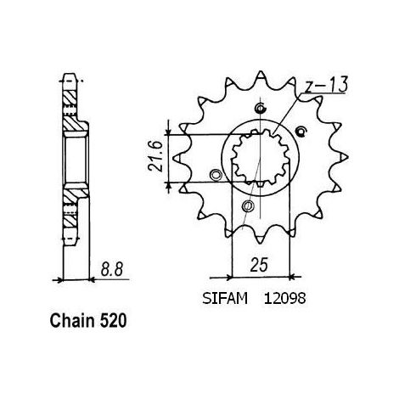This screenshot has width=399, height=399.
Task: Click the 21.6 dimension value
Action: [x=155, y=156]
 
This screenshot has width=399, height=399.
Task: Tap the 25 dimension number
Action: [x=259, y=265]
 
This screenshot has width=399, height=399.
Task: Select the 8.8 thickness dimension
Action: [x=112, y=269]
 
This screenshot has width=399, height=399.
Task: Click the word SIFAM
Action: [x=225, y=299]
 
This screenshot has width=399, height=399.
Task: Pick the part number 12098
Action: [x=285, y=299]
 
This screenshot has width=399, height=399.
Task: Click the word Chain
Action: [x=72, y=321]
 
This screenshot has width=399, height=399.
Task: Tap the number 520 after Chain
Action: [x=113, y=321]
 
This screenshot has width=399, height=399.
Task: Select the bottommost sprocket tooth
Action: [x=260, y=239]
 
